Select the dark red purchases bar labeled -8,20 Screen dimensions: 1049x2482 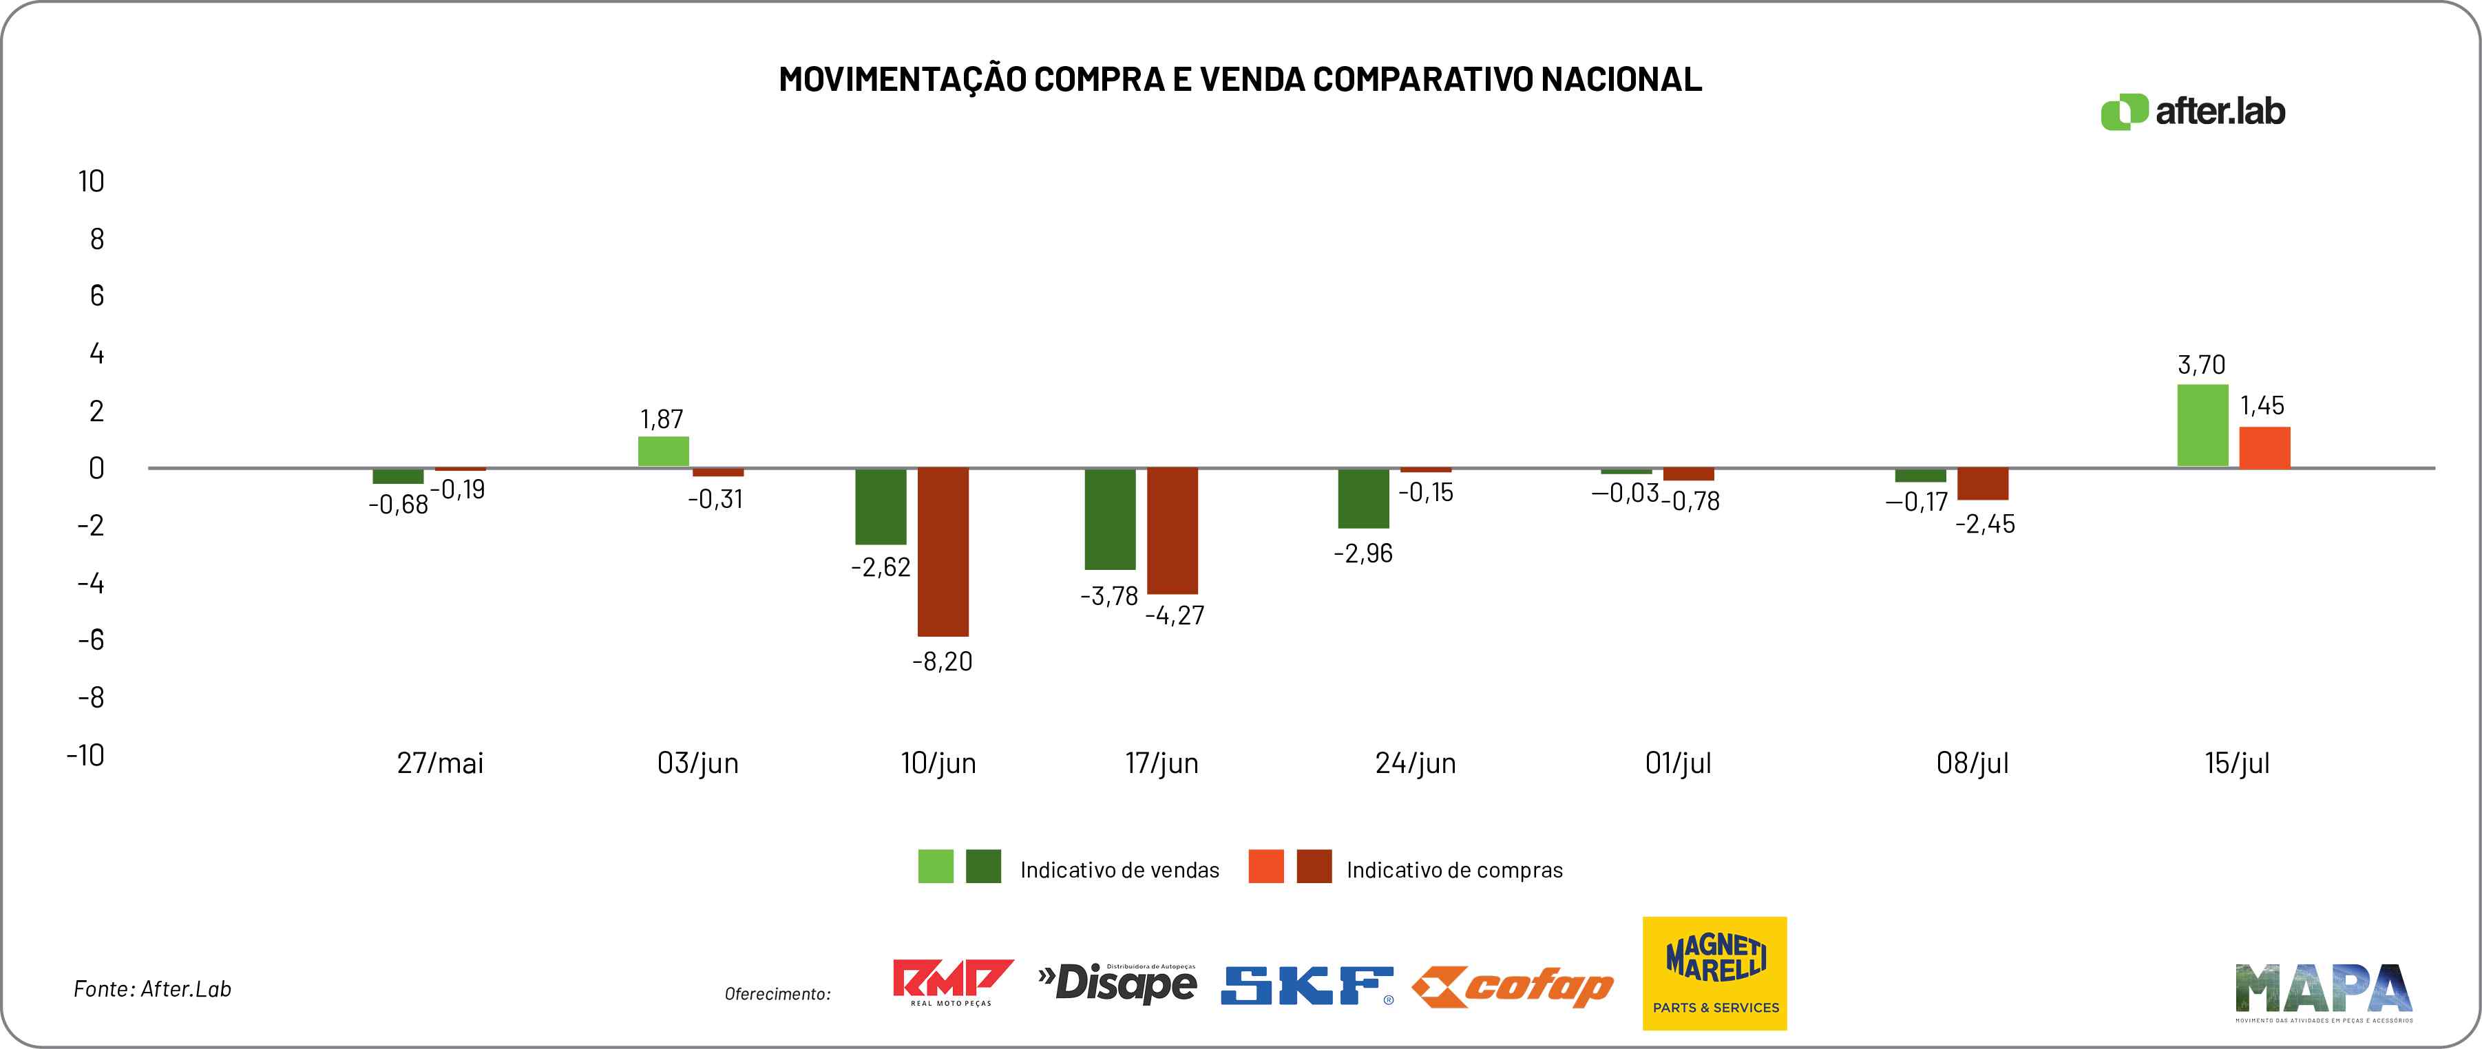pyautogui.click(x=943, y=552)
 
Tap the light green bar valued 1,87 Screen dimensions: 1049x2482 pyautogui.click(x=663, y=452)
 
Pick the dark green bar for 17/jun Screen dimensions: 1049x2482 pyautogui.click(x=1110, y=518)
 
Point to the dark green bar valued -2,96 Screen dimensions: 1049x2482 pyautogui.click(x=1363, y=498)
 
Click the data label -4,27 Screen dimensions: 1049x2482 pyautogui.click(x=1175, y=615)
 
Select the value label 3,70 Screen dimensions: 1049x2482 pyautogui.click(x=2202, y=365)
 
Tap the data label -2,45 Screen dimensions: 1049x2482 pyautogui.click(x=1985, y=524)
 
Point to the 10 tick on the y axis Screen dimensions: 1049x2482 pyautogui.click(x=92, y=181)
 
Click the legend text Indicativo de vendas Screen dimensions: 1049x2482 pyautogui.click(x=1119, y=870)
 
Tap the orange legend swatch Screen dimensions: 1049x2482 pyautogui.click(x=1265, y=866)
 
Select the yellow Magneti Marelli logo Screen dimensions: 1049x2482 pyautogui.click(x=1714, y=973)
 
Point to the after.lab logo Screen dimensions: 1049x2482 pyautogui.click(x=2192, y=112)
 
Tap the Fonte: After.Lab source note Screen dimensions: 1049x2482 pyautogui.click(x=152, y=989)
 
